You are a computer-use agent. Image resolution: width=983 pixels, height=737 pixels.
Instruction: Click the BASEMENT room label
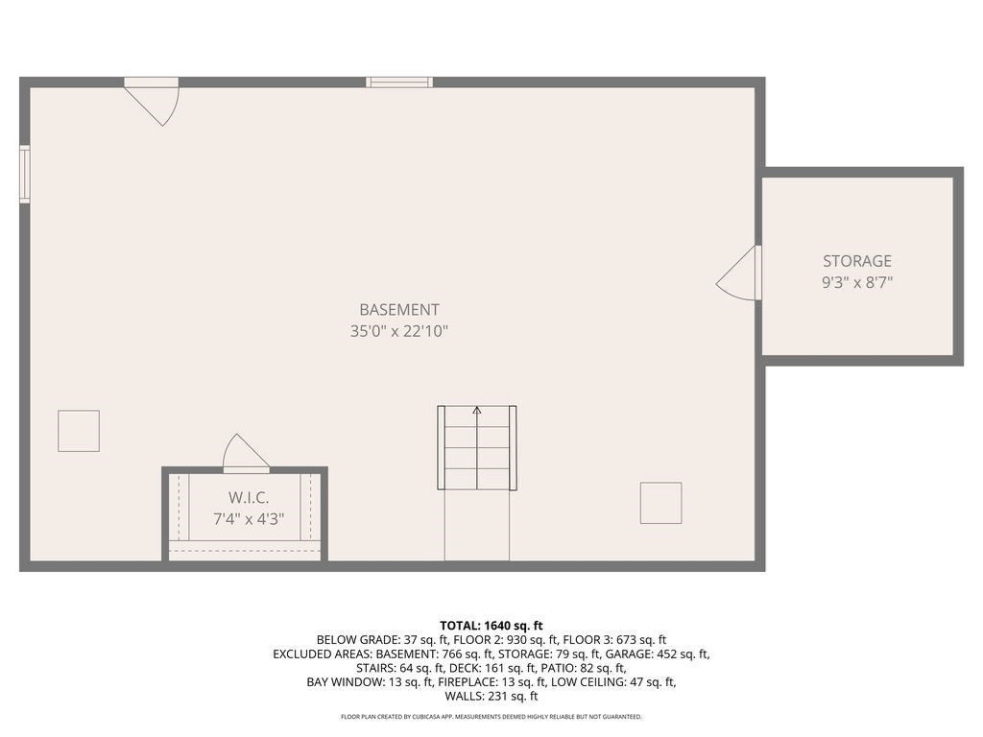click(398, 310)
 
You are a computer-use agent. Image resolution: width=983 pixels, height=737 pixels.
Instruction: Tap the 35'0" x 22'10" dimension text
click(398, 332)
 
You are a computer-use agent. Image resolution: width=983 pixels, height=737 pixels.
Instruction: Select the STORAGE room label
click(856, 261)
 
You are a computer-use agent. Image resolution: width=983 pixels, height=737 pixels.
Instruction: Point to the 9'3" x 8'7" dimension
click(856, 283)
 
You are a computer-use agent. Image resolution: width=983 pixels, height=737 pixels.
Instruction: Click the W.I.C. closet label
click(248, 498)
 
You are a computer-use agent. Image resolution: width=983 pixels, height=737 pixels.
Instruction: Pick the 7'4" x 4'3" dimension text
click(248, 519)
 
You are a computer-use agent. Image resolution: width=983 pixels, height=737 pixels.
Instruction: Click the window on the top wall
click(399, 83)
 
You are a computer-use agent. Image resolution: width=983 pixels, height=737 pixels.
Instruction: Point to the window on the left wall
click(25, 174)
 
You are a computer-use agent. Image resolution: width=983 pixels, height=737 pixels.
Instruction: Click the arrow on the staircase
click(477, 411)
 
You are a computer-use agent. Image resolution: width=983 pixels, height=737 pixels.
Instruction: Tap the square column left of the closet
click(79, 431)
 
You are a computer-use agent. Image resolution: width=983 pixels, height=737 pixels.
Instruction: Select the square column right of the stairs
click(660, 503)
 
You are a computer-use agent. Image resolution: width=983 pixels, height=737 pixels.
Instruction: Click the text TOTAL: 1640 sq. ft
click(491, 625)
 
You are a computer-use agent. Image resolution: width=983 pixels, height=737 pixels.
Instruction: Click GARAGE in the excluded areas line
click(632, 654)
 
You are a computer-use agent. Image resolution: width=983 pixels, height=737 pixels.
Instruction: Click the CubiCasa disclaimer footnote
click(491, 717)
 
